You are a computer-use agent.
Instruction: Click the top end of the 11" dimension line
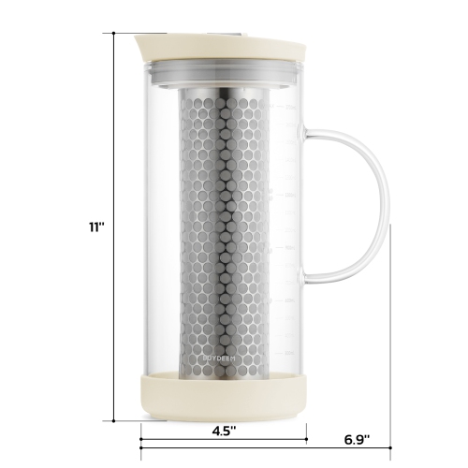[113, 33]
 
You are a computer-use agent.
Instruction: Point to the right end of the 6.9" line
[389, 448]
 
